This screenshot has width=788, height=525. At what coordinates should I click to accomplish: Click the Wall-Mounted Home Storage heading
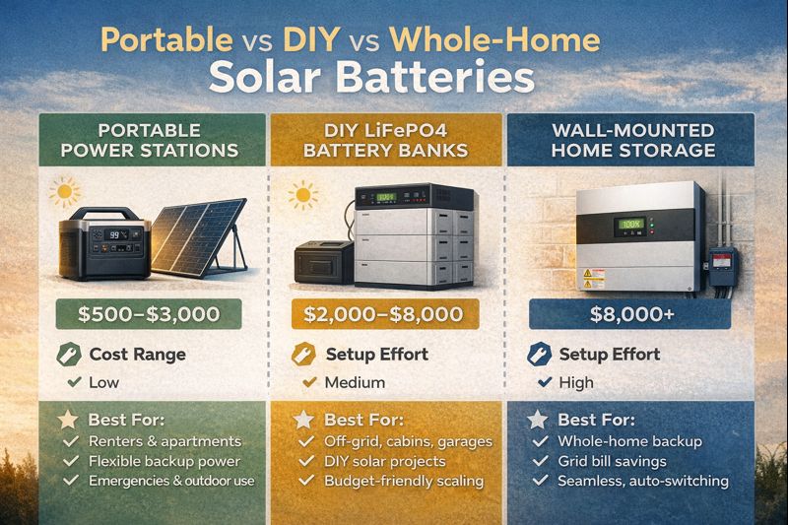click(633, 140)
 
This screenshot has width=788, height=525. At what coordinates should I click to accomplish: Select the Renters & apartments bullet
click(164, 440)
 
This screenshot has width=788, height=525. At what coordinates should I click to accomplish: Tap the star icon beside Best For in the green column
click(66, 419)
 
